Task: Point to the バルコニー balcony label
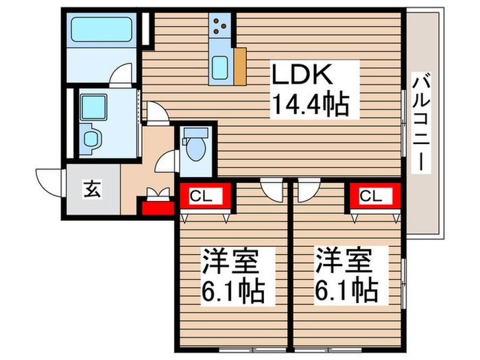[x=420, y=124]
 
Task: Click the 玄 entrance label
[x=92, y=189]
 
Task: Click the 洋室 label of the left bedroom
[x=228, y=263]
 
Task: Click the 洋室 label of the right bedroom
[x=343, y=263]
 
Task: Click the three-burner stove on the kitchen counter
[x=221, y=25]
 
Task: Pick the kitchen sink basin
[x=221, y=68]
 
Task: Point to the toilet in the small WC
[x=195, y=145]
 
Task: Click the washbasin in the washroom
[x=91, y=137]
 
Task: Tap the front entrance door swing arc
[x=49, y=181]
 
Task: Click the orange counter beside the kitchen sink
[x=239, y=66]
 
